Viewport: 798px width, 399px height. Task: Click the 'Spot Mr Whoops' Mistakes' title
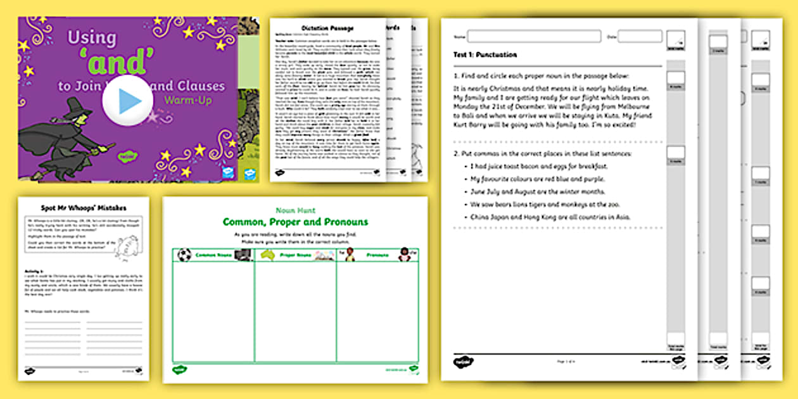point(82,207)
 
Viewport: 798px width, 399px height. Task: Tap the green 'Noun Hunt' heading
point(294,210)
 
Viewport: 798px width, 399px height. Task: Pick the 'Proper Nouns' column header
point(296,255)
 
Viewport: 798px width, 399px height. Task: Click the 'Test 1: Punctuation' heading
point(485,54)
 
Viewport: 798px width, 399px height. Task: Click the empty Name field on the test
point(534,36)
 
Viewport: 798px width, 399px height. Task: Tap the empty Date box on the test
point(640,36)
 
